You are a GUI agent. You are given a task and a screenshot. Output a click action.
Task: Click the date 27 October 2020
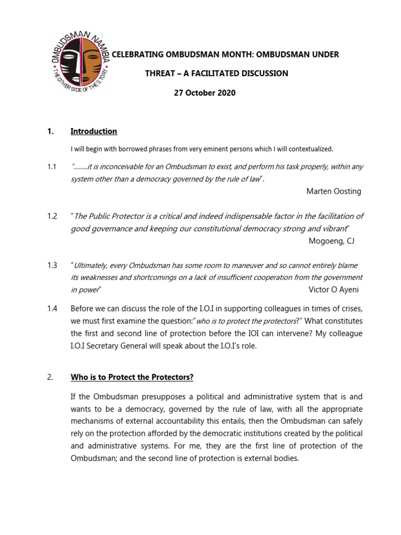coord(204,93)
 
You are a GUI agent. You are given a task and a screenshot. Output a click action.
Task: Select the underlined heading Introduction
coord(93,131)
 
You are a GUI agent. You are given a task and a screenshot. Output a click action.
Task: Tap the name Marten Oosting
coord(333,191)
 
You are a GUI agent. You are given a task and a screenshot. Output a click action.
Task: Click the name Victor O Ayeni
coord(334,289)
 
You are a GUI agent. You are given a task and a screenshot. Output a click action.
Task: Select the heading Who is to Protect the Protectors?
coord(132,377)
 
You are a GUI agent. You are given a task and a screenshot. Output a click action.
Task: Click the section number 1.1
coord(51,166)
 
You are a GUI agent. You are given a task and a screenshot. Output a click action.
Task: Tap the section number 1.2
coord(51,216)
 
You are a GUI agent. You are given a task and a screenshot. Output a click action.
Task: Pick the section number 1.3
coord(51,265)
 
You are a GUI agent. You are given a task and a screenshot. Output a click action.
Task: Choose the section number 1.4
coord(51,308)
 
